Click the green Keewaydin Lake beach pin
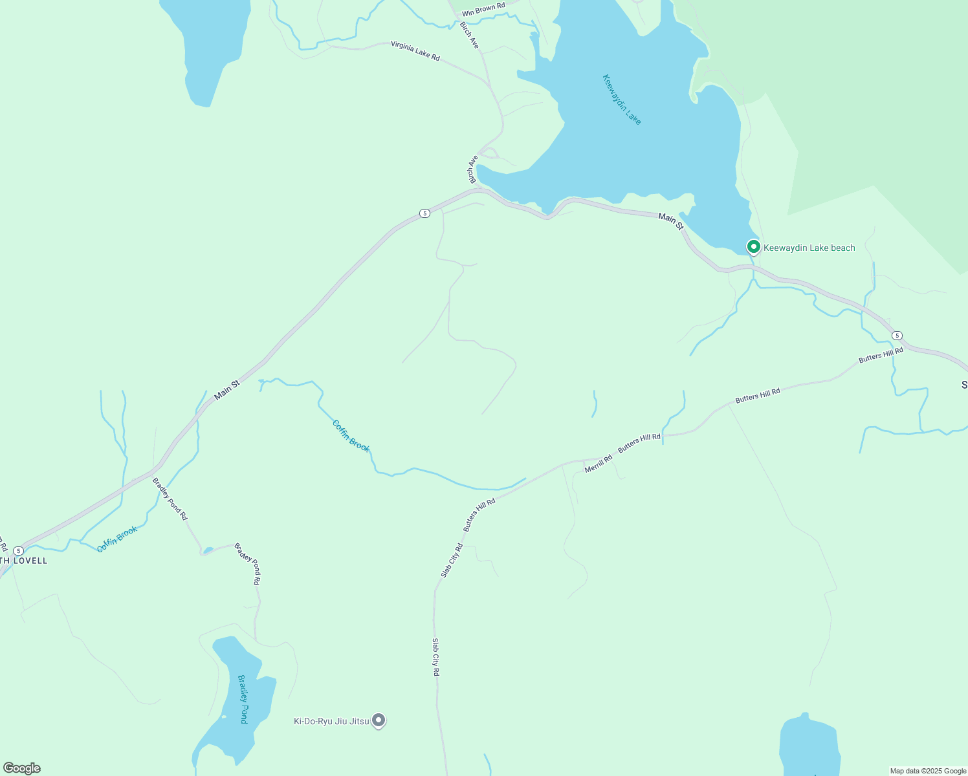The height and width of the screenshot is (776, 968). click(753, 246)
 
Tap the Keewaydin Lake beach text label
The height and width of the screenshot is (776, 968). click(809, 248)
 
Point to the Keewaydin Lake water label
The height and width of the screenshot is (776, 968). click(621, 100)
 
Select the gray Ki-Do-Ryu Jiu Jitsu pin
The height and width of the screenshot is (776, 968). click(379, 720)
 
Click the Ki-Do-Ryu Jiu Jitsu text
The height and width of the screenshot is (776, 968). click(331, 721)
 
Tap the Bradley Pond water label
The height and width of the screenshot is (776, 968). click(243, 699)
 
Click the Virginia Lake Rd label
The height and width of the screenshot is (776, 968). click(415, 51)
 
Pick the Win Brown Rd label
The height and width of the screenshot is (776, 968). click(483, 10)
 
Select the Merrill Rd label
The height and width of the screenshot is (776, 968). click(598, 464)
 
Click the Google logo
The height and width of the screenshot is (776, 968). click(22, 768)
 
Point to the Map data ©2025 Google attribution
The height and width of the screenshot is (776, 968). click(928, 771)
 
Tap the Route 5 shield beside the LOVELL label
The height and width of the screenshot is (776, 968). click(18, 550)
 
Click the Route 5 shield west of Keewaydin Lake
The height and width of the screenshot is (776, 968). click(424, 213)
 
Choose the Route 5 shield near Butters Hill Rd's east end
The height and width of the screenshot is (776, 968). click(897, 336)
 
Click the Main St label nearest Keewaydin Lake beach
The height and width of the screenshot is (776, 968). click(670, 221)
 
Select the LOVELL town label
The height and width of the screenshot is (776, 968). click(26, 561)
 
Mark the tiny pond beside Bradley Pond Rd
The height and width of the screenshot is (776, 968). click(208, 551)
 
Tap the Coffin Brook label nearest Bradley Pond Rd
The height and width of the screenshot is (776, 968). click(117, 539)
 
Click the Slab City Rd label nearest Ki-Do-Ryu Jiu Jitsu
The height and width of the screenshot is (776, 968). click(436, 657)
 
